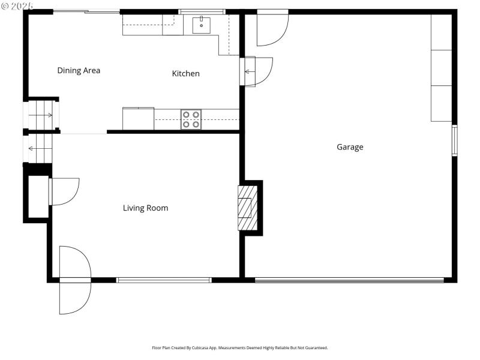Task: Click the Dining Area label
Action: tap(79, 70)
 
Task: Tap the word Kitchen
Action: tap(186, 73)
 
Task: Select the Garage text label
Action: tap(350, 147)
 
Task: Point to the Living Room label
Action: tap(145, 208)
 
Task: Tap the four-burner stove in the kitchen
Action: tap(191, 119)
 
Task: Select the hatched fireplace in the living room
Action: tap(245, 207)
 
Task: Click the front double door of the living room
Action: tap(75, 280)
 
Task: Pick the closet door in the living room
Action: tap(64, 191)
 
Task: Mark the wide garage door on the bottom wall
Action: tap(349, 280)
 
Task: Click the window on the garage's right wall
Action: tap(454, 140)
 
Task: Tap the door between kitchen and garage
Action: tap(257, 71)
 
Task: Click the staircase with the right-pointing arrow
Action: tap(41, 115)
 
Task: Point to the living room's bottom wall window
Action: tap(164, 280)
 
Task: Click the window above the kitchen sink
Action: tap(202, 11)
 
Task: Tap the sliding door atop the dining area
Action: tap(86, 11)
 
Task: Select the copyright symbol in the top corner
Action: tap(5, 5)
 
